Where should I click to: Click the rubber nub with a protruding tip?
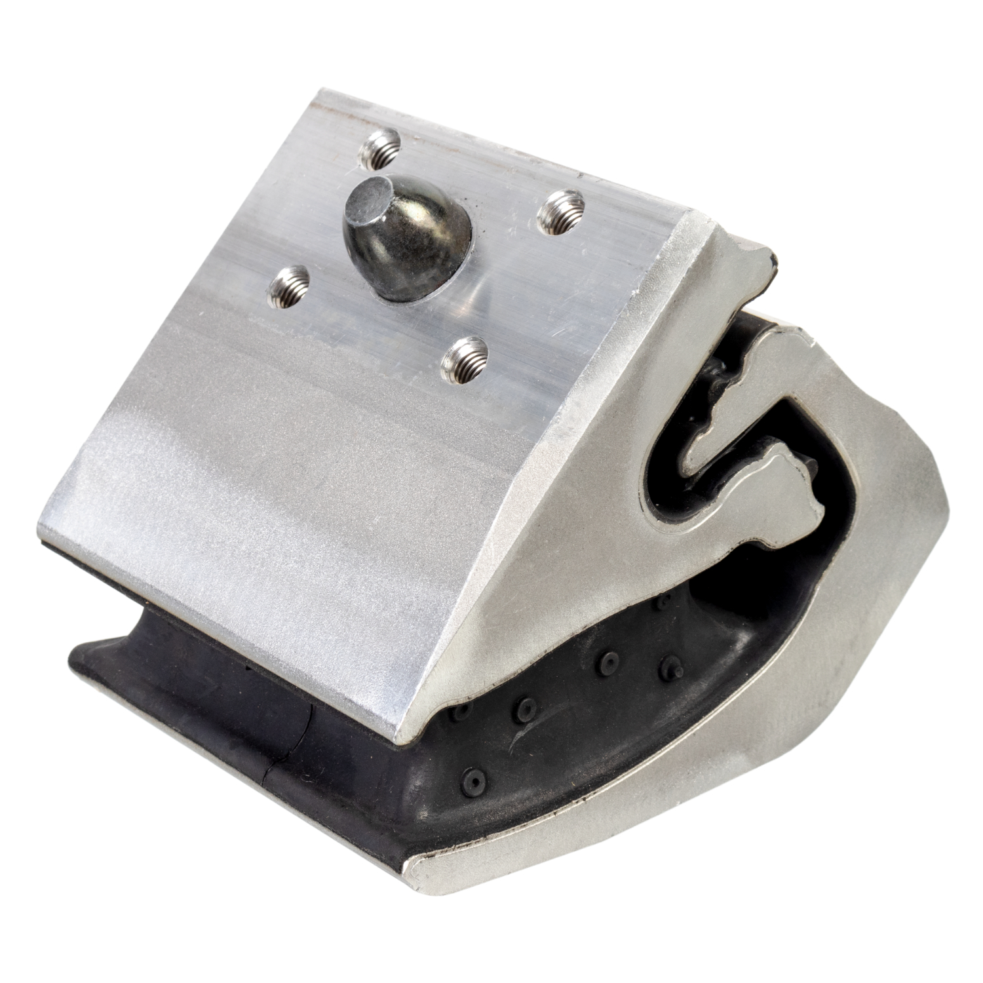tap(666, 667)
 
